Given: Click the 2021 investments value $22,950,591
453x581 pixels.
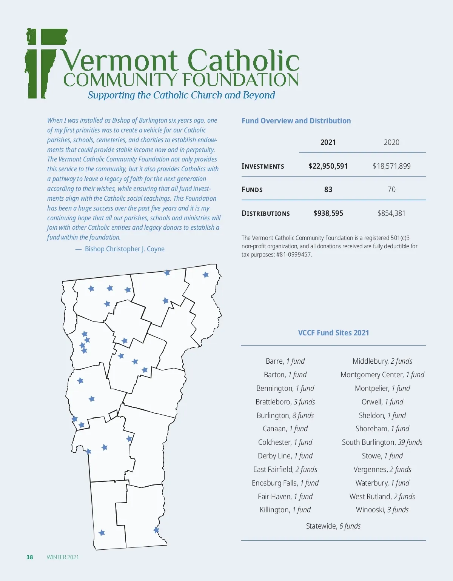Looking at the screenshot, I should tap(328, 166).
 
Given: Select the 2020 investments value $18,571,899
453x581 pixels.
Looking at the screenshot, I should tap(391, 166).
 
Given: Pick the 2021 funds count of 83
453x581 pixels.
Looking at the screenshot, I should tap(328, 189).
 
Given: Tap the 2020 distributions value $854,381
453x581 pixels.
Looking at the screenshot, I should tap(391, 213).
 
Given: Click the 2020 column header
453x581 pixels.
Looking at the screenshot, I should tap(391, 142).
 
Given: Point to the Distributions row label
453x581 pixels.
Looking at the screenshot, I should tap(265, 214).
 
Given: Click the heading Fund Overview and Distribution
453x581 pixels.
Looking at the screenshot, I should tap(296, 121).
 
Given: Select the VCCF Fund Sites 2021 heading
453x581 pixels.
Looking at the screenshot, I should tap(333, 333).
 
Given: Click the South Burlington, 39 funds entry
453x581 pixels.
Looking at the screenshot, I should tap(382, 442).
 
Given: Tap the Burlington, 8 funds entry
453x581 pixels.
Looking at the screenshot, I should tap(285, 415).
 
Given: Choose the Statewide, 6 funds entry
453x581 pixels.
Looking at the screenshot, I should tap(333, 526).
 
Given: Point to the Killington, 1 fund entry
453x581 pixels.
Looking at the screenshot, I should tap(285, 510).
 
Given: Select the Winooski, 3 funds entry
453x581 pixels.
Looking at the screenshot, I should tap(382, 510).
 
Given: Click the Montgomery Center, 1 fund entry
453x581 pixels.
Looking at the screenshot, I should tap(382, 375).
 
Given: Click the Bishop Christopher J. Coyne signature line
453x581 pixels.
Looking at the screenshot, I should tap(125, 249).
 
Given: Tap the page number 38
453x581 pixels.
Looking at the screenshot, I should tap(30, 557).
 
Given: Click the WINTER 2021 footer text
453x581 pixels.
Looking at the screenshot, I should tap(63, 557).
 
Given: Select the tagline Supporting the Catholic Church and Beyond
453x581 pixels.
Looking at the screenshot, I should tap(181, 95).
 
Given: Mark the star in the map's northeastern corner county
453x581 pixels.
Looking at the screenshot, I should tap(206, 275).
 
